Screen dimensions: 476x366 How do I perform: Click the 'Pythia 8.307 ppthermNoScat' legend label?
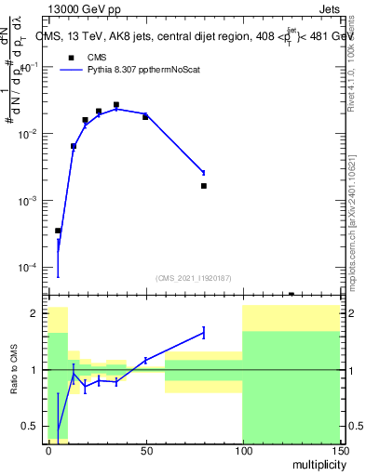(x=143, y=69)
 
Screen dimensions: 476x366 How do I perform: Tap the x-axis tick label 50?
(x=145, y=450)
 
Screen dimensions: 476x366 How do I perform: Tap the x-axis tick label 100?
(x=242, y=450)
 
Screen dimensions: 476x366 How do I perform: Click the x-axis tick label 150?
(x=339, y=450)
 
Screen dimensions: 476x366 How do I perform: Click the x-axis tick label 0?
(x=48, y=450)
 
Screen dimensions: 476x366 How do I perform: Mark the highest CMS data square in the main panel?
(x=116, y=105)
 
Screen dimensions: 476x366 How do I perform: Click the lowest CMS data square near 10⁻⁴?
(x=58, y=231)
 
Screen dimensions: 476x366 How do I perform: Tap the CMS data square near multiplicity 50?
(x=145, y=116)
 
